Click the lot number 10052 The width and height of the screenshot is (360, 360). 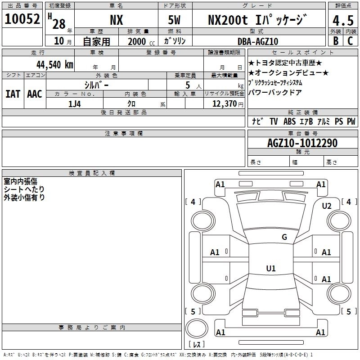tap(22, 19)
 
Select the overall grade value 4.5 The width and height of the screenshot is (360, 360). tap(343, 20)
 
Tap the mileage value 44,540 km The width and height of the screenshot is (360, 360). tap(55, 64)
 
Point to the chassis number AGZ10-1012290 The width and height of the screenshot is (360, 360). tap(302, 143)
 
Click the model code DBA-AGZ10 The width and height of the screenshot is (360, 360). tap(258, 41)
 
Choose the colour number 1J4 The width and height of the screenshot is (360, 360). tap(75, 104)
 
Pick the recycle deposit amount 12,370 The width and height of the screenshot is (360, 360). tap(225, 104)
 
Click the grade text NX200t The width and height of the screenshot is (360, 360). tap(228, 20)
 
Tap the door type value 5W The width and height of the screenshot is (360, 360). tap(174, 20)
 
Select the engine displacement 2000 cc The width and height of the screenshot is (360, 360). tap(141, 41)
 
